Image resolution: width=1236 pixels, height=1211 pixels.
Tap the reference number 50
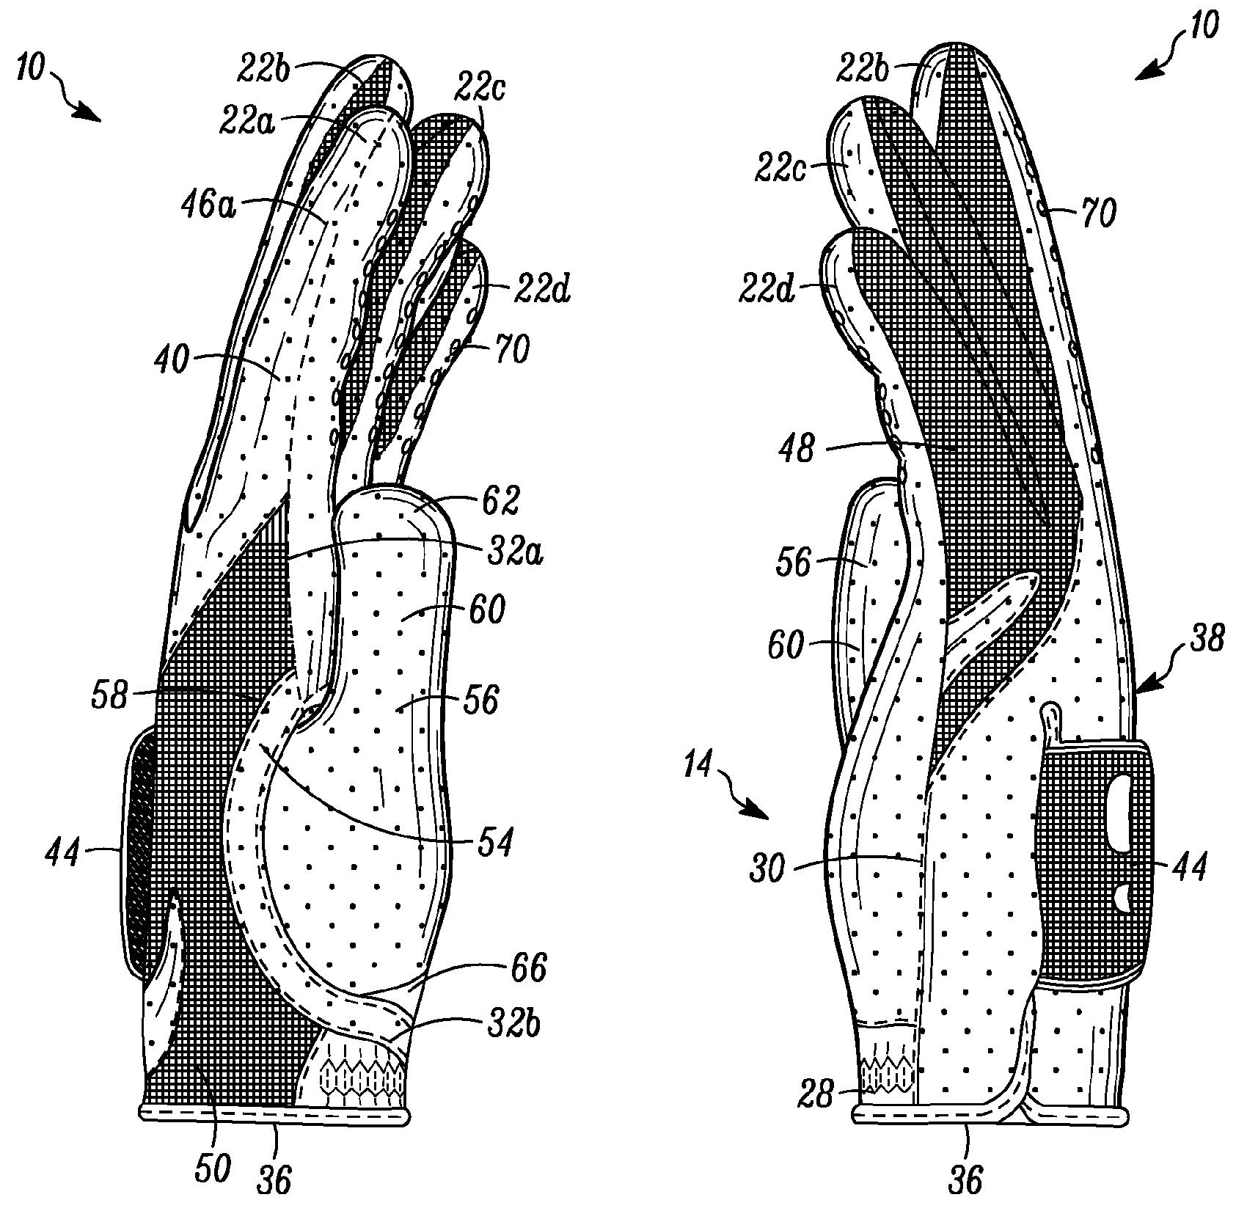coord(212,1166)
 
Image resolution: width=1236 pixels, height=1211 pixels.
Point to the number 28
coord(816,1097)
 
